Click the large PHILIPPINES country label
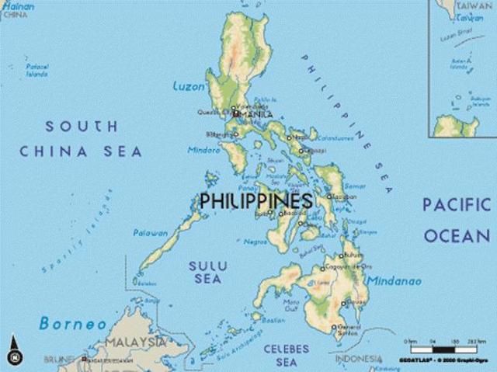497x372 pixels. point(256,200)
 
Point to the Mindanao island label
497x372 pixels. point(394,280)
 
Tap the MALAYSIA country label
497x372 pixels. point(136,342)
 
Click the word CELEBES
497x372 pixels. point(286,348)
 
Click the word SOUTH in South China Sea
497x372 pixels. point(82,126)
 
